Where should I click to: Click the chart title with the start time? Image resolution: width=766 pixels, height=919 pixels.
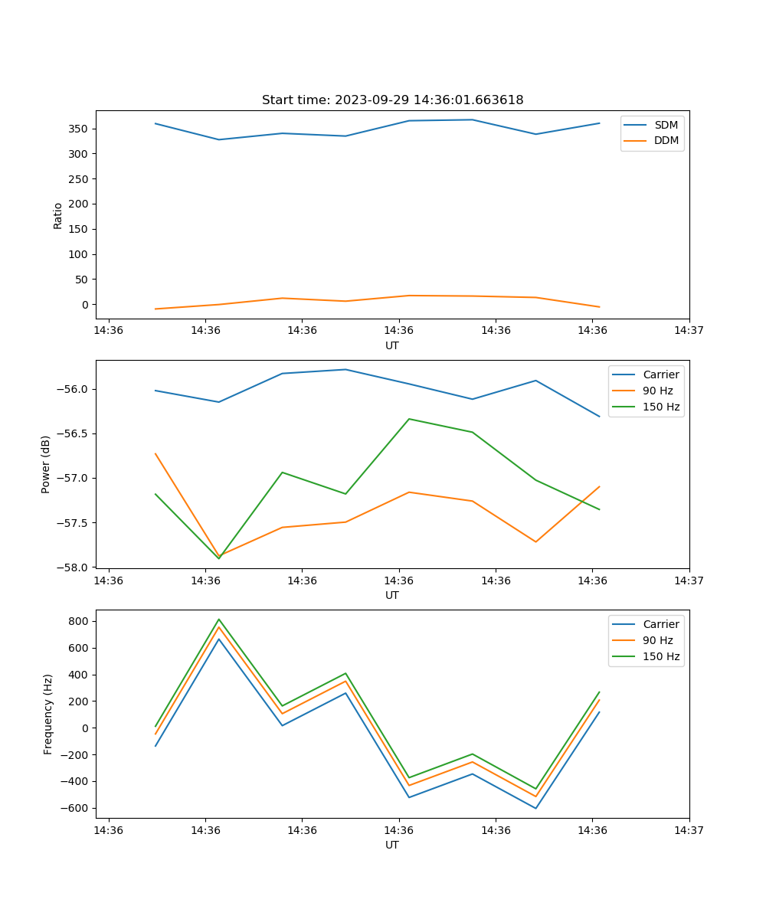[392, 100]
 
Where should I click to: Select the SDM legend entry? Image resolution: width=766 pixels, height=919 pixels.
[666, 125]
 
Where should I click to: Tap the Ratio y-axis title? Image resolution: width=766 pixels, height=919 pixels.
[58, 215]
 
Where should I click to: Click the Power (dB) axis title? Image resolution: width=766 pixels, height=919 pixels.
[46, 464]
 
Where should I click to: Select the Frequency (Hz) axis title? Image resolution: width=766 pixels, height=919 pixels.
[47, 714]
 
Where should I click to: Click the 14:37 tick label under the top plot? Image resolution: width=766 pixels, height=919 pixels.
[689, 331]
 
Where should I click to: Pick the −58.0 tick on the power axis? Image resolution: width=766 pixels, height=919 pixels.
[74, 567]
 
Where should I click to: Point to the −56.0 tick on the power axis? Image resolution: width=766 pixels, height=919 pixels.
[74, 389]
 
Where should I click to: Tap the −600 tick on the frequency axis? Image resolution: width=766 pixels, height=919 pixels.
[77, 808]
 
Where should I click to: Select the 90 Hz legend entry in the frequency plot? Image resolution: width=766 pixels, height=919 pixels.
[657, 640]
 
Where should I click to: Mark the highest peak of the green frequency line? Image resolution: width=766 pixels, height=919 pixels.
[219, 619]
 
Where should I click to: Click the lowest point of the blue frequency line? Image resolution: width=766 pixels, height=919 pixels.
[535, 808]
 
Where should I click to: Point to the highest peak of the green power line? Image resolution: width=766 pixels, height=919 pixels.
[409, 419]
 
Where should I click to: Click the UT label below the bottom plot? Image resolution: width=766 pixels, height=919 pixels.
[392, 845]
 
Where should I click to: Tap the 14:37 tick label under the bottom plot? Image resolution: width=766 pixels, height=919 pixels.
[689, 830]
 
